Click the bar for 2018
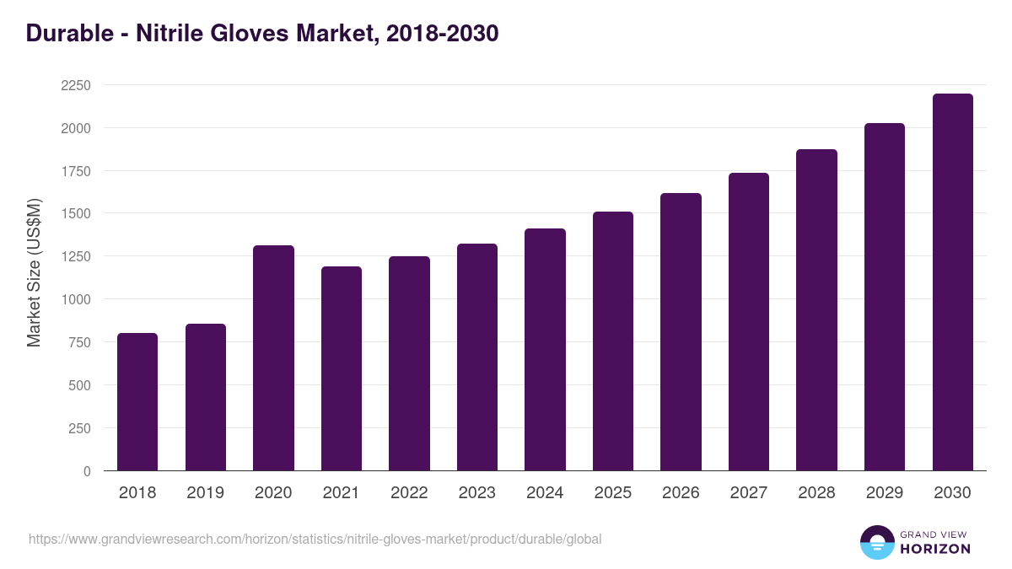137,402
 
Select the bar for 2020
273,358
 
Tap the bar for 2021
342,368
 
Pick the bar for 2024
545,350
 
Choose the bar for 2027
749,322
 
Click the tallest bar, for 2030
952,282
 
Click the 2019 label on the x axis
205,493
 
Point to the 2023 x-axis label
476,493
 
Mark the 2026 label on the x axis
681,493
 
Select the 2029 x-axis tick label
884,493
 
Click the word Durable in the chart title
69,33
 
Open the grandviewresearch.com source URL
315,539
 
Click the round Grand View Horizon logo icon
877,542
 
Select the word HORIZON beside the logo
936,549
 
